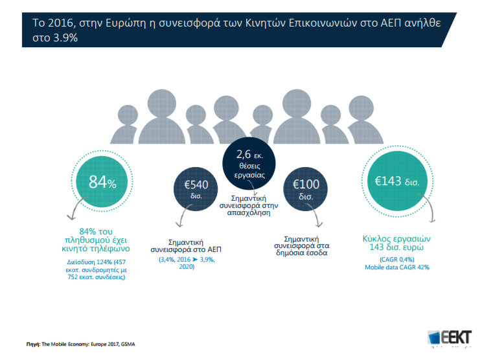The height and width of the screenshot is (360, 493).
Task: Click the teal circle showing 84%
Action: [x=102, y=181]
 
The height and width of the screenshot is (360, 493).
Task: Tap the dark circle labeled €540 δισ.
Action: [x=196, y=189]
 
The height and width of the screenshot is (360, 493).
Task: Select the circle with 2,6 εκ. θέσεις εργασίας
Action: [x=249, y=163]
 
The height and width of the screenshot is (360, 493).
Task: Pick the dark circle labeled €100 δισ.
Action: [x=305, y=189]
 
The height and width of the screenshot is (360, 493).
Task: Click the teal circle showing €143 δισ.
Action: [x=397, y=181]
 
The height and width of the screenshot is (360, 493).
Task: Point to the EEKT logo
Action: [x=450, y=338]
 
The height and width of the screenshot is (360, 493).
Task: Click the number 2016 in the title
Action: [x=60, y=23]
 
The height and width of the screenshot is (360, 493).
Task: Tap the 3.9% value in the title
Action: [x=65, y=38]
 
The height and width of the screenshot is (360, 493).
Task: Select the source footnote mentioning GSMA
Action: [x=80, y=344]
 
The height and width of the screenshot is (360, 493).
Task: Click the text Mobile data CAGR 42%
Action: [x=396, y=267]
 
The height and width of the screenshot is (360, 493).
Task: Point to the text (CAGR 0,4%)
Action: [x=396, y=260]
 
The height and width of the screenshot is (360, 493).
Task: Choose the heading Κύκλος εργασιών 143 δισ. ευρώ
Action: [x=396, y=243]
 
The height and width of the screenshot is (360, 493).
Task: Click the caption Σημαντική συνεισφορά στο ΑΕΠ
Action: [x=186, y=246]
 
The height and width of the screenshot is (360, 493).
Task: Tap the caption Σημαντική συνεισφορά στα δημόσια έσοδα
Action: [x=301, y=246]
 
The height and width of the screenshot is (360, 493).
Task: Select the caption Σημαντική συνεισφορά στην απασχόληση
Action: [x=249, y=205]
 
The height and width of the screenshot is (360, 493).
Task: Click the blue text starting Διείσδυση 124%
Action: [x=97, y=269]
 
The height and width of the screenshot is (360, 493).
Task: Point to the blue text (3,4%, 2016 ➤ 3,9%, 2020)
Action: [x=187, y=263]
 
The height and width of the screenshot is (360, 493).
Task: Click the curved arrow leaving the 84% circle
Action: [x=75, y=206]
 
